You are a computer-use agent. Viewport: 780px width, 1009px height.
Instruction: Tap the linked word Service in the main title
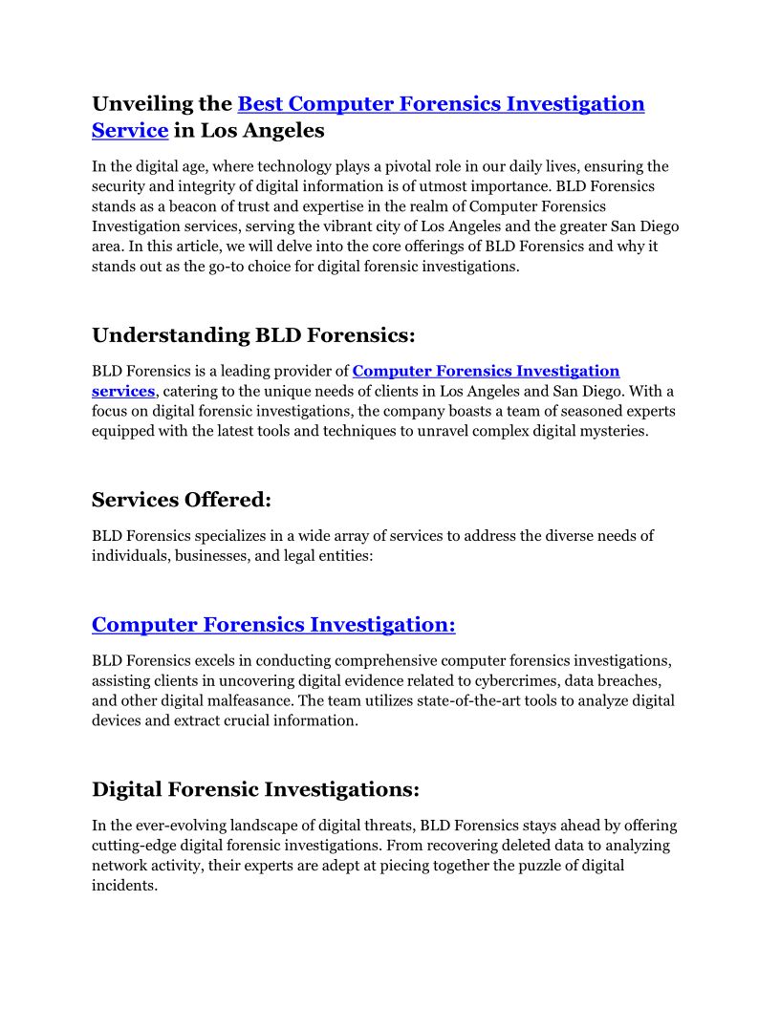click(x=130, y=130)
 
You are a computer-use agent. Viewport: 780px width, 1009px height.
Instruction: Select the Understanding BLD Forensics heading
click(x=253, y=335)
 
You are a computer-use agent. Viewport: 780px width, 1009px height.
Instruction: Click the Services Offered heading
click(x=182, y=500)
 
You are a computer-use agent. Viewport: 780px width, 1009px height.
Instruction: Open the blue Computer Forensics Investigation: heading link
click(x=273, y=625)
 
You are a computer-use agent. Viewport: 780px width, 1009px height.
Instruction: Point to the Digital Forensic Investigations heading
click(x=255, y=790)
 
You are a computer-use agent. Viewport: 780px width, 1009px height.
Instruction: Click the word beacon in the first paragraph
click(x=189, y=205)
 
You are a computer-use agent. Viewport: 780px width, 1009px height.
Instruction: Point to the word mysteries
click(x=617, y=430)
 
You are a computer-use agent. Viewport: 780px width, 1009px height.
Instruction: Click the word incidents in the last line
click(x=123, y=886)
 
